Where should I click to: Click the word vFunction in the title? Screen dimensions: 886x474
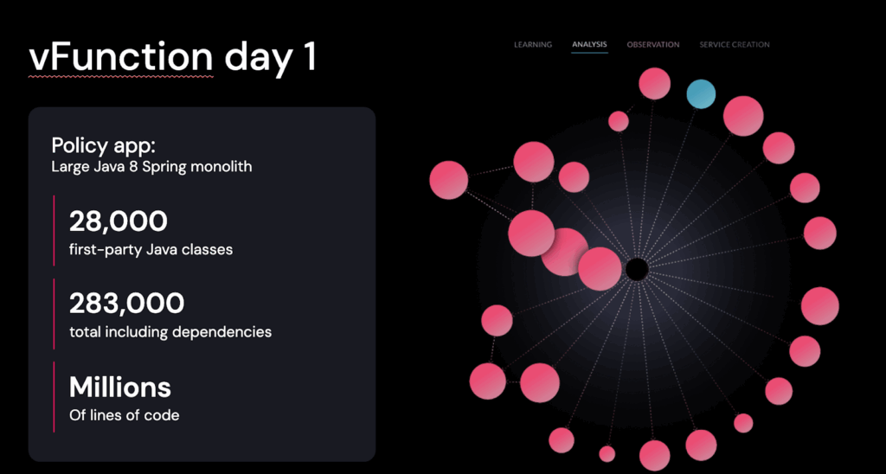tap(121, 56)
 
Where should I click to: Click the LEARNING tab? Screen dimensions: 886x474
tap(533, 45)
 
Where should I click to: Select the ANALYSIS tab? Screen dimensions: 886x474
tap(589, 44)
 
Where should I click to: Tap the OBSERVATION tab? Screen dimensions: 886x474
tap(653, 45)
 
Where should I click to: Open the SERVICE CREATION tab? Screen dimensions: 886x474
tap(735, 45)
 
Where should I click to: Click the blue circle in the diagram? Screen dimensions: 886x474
tap(701, 93)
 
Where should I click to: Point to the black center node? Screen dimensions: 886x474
tap(637, 269)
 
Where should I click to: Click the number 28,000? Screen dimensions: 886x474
tap(118, 221)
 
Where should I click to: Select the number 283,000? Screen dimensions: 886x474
tap(126, 304)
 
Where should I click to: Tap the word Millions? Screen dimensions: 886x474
tap(119, 387)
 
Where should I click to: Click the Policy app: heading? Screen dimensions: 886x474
tap(104, 146)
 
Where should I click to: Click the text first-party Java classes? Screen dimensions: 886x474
tap(151, 249)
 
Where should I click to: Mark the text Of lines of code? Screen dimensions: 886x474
tap(125, 416)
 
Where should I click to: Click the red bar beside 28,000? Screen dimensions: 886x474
tap(54, 230)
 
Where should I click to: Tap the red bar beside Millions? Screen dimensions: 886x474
tap(54, 397)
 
